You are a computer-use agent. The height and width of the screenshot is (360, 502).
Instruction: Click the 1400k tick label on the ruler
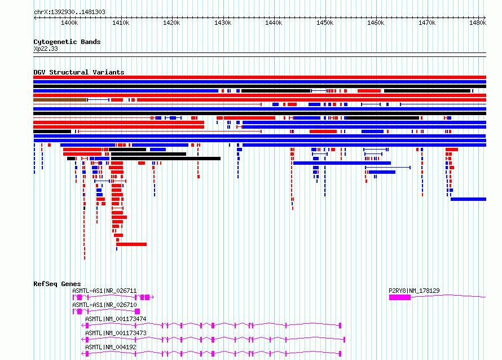(x=69, y=23)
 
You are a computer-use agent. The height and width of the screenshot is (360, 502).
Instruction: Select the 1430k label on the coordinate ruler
(x=223, y=23)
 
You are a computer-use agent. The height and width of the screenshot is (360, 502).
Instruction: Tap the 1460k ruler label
(x=376, y=23)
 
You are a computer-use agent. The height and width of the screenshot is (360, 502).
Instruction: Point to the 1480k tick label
(x=478, y=23)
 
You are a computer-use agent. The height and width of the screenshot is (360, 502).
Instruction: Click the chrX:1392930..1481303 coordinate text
(x=69, y=12)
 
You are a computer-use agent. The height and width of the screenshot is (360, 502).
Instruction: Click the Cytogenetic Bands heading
(x=67, y=42)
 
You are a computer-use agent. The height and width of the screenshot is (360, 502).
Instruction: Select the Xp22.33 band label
(x=46, y=49)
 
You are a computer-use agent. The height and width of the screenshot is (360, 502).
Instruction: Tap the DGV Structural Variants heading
(x=79, y=72)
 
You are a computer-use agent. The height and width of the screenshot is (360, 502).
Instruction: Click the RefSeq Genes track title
(x=57, y=284)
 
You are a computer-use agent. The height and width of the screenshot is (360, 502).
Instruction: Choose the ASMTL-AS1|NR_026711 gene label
(x=104, y=291)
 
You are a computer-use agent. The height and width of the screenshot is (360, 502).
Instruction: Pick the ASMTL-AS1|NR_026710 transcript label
(x=104, y=305)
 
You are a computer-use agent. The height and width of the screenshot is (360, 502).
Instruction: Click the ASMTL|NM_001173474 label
(x=116, y=319)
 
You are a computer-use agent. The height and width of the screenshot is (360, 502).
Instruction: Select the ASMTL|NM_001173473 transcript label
(x=116, y=333)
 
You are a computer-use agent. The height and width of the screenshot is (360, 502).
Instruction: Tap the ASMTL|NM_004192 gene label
(x=111, y=347)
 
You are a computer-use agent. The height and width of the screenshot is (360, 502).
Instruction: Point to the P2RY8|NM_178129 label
(x=414, y=291)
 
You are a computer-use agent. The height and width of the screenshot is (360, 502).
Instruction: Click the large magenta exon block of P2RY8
(x=400, y=297)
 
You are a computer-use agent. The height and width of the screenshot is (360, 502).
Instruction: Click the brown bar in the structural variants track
(x=60, y=100)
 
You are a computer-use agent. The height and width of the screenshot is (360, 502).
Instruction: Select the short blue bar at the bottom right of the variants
(x=468, y=199)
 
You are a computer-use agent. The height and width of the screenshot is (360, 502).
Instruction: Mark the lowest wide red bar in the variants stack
(x=131, y=244)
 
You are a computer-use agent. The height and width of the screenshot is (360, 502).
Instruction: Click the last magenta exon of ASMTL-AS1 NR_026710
(x=138, y=311)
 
